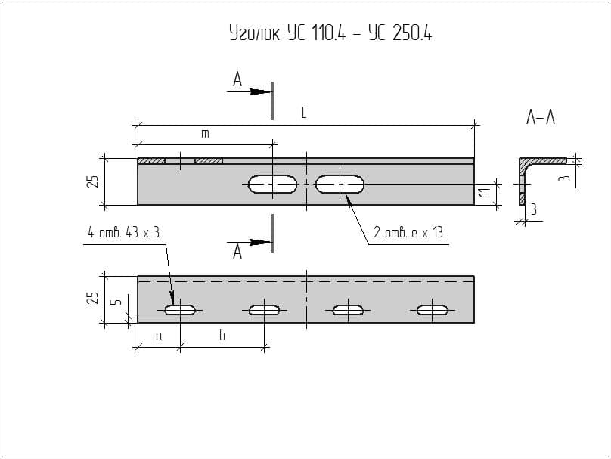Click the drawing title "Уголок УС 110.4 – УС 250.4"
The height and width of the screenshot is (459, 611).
pyautogui.click(x=330, y=33)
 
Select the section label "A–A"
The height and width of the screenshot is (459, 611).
pyautogui.click(x=540, y=117)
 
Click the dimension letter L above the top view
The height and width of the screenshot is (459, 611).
pyautogui.click(x=304, y=113)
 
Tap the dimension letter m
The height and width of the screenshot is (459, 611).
pyautogui.click(x=204, y=134)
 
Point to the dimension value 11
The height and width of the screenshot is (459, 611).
pyautogui.click(x=485, y=194)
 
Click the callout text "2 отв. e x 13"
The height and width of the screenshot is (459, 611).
pyautogui.click(x=408, y=233)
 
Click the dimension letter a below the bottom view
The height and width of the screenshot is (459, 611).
pyautogui.click(x=159, y=335)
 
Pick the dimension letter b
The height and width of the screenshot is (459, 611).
pyautogui.click(x=222, y=335)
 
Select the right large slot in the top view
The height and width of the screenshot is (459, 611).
pyautogui.click(x=340, y=184)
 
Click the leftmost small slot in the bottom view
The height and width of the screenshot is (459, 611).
pyautogui.click(x=181, y=309)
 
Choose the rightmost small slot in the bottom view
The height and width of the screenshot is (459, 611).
pyautogui.click(x=433, y=309)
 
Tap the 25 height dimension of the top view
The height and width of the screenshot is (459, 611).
pyautogui.click(x=92, y=181)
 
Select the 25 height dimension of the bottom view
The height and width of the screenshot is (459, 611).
pyautogui.click(x=92, y=298)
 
